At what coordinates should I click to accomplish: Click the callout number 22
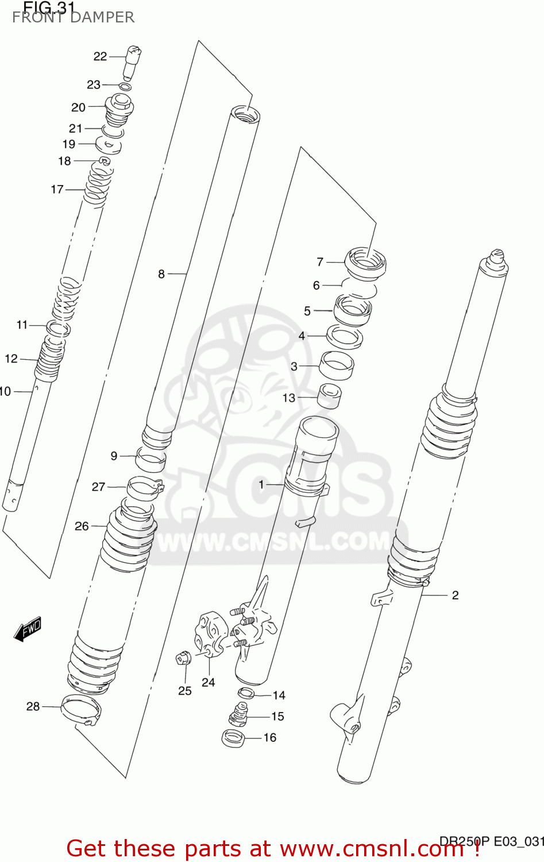(x=100, y=56)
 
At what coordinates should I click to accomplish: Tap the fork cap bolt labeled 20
(x=119, y=109)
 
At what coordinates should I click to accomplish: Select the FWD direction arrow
(x=28, y=629)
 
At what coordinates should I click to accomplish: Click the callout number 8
(x=161, y=274)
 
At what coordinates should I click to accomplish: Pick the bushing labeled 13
(x=330, y=395)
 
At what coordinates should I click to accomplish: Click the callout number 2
(x=455, y=595)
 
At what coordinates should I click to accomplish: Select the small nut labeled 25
(x=183, y=657)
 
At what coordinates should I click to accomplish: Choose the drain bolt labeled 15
(x=238, y=715)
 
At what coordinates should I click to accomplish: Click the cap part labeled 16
(x=234, y=737)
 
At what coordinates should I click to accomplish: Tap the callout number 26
(x=82, y=526)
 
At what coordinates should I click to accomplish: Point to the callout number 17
(x=57, y=189)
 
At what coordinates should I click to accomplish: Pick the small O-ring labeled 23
(x=125, y=86)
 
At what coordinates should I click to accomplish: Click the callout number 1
(x=261, y=484)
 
